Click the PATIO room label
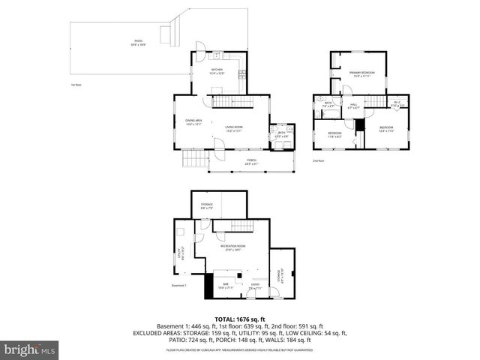pos(139,42)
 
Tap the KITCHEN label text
pos(217,71)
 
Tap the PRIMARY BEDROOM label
pos(361,73)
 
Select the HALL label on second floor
pos(353,106)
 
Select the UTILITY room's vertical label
pos(179,254)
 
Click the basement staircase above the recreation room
pos(241,226)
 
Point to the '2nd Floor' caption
pos(319,160)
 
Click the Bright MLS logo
pos(29,349)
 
